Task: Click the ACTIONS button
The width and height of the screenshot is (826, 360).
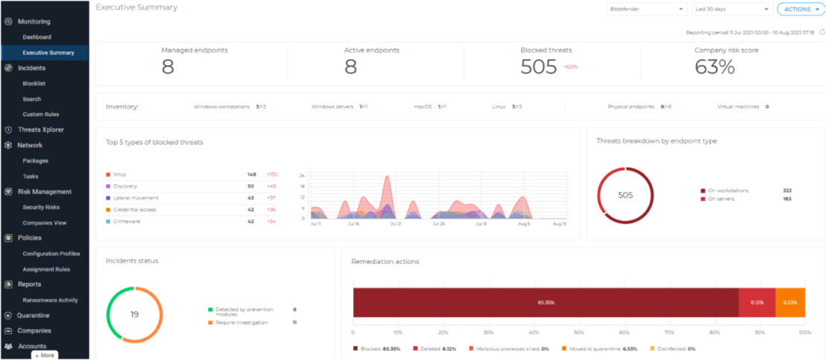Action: (800, 9)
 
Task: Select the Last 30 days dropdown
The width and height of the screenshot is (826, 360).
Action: (731, 9)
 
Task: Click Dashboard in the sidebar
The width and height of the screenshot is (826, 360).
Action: (36, 37)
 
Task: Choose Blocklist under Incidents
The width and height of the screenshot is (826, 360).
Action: (34, 83)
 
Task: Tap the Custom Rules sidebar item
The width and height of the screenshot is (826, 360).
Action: (41, 114)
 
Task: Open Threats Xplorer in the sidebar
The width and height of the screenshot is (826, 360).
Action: (41, 129)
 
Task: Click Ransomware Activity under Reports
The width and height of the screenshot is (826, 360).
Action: (50, 300)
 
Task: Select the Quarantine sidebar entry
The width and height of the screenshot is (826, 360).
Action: (33, 315)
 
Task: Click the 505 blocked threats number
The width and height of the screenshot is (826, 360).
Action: (539, 67)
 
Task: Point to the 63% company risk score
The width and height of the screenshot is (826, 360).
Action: (714, 67)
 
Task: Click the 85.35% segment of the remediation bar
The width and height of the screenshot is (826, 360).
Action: (545, 303)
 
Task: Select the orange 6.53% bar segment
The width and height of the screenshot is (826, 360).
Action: (790, 303)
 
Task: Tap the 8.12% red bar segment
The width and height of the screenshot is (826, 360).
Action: (757, 303)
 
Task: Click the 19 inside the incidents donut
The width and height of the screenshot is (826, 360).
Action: (135, 315)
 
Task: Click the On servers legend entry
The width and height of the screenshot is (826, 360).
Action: (723, 199)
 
